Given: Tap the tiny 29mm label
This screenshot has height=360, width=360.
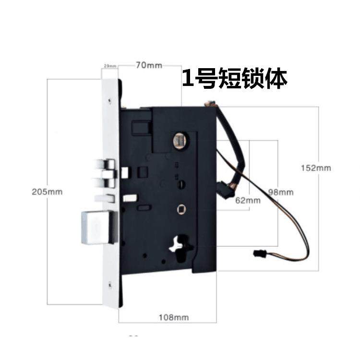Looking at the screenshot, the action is tap(108, 65).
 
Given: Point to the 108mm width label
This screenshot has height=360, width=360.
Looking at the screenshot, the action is tap(173, 317).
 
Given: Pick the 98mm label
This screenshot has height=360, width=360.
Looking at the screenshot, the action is tap(280, 192).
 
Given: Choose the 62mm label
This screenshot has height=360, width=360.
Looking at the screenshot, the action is tap(248, 201).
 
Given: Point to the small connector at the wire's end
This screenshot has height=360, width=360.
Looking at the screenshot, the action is tap(257, 252).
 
